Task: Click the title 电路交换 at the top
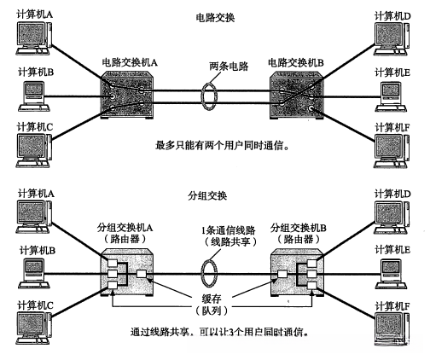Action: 215,17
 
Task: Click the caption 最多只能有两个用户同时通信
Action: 215,147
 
